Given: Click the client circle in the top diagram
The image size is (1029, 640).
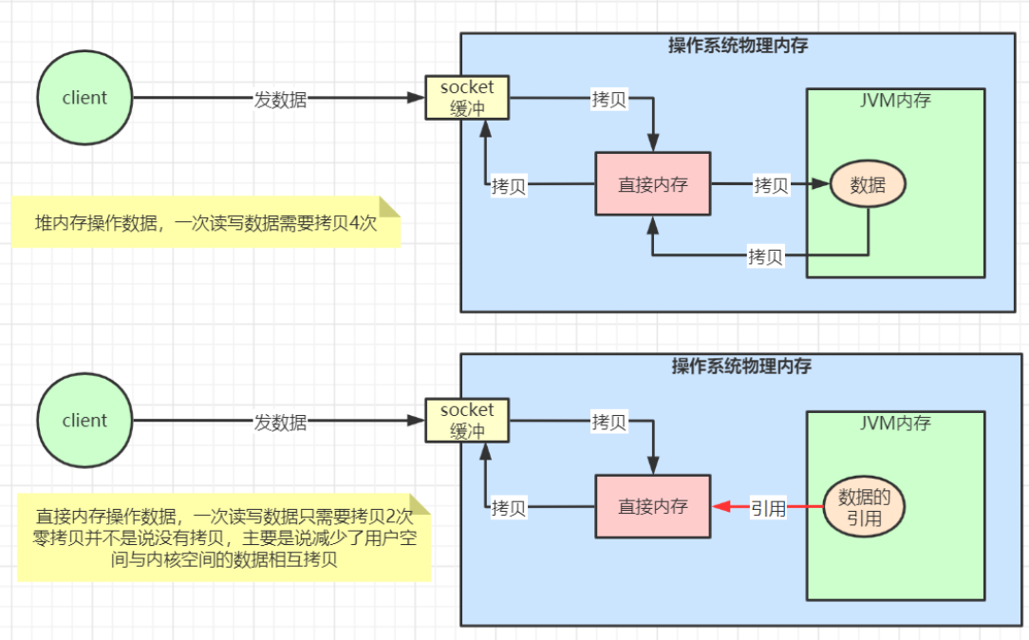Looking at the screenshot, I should coord(84,98).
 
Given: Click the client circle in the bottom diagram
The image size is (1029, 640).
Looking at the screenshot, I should coord(84,421).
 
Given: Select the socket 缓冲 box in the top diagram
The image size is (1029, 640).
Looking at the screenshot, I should coord(467,98).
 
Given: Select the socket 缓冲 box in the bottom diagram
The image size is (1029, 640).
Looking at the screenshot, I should coord(467,421).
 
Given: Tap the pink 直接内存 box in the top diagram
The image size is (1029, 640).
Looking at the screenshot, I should coord(652,184).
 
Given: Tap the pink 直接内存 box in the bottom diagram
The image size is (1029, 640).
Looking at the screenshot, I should coord(652,507).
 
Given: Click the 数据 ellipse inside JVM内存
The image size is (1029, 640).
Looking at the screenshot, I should coord(868,185).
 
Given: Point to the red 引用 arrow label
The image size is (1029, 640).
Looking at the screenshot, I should coord(768,508).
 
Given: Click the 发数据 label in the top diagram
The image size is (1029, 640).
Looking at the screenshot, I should coord(280,99).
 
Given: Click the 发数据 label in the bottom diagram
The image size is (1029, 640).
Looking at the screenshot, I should coord(280,422).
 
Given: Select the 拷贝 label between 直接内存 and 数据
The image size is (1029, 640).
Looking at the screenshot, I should coord(771,185).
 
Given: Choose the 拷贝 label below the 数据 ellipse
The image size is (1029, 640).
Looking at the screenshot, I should coord(765,255).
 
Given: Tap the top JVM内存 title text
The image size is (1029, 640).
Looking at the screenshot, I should coord(894,101).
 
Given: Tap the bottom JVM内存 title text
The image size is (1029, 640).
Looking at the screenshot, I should coord(894,424).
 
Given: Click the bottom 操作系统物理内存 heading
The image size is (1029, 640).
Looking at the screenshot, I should coord(740,367).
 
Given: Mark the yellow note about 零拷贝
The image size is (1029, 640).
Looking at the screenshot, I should coord(223,538).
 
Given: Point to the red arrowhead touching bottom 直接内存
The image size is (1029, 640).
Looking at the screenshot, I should coord(718,507).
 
